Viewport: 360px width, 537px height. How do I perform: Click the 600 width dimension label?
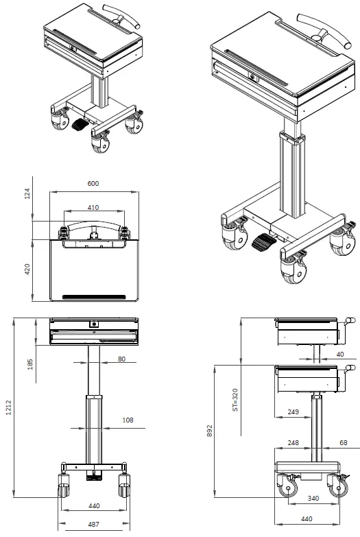94,184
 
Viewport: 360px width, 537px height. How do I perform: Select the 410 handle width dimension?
94,207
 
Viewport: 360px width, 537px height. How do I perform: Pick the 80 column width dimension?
121,358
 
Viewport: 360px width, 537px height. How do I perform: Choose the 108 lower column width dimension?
128,420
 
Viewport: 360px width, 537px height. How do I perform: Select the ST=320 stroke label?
234,399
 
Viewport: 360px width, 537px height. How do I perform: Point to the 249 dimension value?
292,412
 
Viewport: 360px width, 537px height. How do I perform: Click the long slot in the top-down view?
94,296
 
